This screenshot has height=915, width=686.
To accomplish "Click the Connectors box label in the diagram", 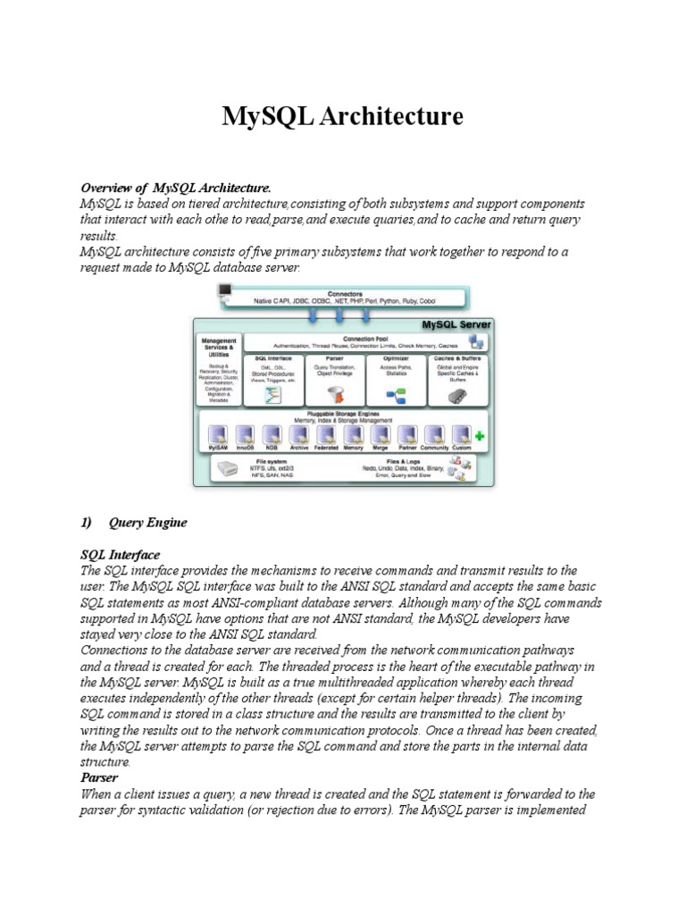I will coord(344,292).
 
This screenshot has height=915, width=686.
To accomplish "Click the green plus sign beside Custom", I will coord(481,435).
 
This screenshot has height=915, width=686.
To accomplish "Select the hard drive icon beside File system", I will coord(229,467).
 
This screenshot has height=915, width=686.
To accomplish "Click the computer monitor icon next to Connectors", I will coord(224,291).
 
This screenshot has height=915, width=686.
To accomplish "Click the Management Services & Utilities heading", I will coord(218,347).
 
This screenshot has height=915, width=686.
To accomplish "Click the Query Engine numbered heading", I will coord(148,523).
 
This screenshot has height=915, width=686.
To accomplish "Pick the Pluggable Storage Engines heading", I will coord(344,416).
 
